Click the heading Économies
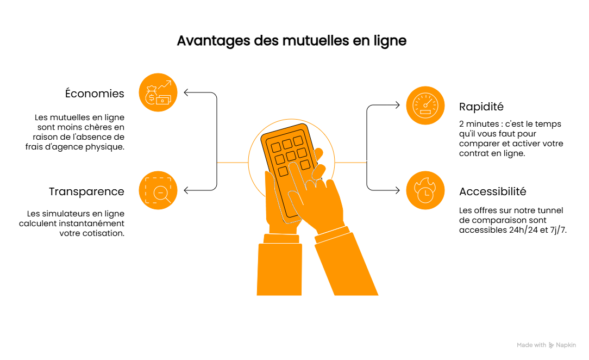coord(95,94)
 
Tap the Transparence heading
coord(86,191)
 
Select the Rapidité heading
coord(481,107)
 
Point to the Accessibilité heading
coord(492,191)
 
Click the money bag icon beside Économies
coord(158,92)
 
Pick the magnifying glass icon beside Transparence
coord(158,191)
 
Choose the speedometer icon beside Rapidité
coord(425,105)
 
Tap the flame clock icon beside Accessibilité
coord(425,191)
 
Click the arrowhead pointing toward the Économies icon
coord(186,92)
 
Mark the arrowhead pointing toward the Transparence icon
coord(186,190)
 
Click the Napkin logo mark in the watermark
coord(552,345)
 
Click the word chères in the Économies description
coord(97,127)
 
